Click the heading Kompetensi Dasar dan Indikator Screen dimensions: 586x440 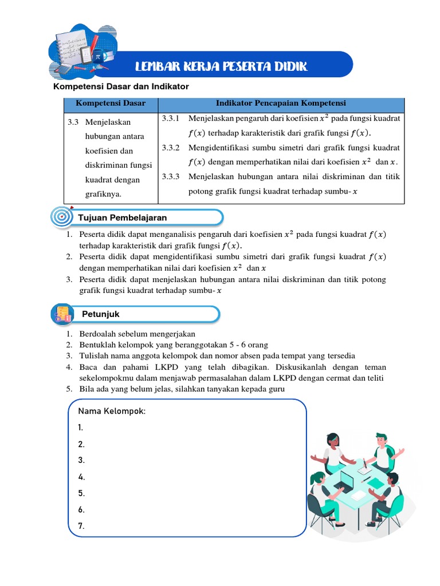click(x=121, y=86)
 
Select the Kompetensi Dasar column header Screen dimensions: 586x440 click(x=111, y=104)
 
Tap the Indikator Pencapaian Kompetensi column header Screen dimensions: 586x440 click(x=281, y=104)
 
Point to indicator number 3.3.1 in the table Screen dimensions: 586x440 click(x=171, y=118)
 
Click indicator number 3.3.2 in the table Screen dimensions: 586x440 click(x=171, y=148)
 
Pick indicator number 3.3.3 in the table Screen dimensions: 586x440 click(x=171, y=177)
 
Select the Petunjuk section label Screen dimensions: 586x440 click(x=101, y=314)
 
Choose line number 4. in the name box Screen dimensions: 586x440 click(x=81, y=477)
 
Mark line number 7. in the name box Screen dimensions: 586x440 click(x=81, y=526)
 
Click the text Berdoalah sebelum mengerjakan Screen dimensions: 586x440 click(x=137, y=334)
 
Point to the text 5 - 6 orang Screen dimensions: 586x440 click(x=240, y=345)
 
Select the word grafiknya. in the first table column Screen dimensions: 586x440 click(x=102, y=195)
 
